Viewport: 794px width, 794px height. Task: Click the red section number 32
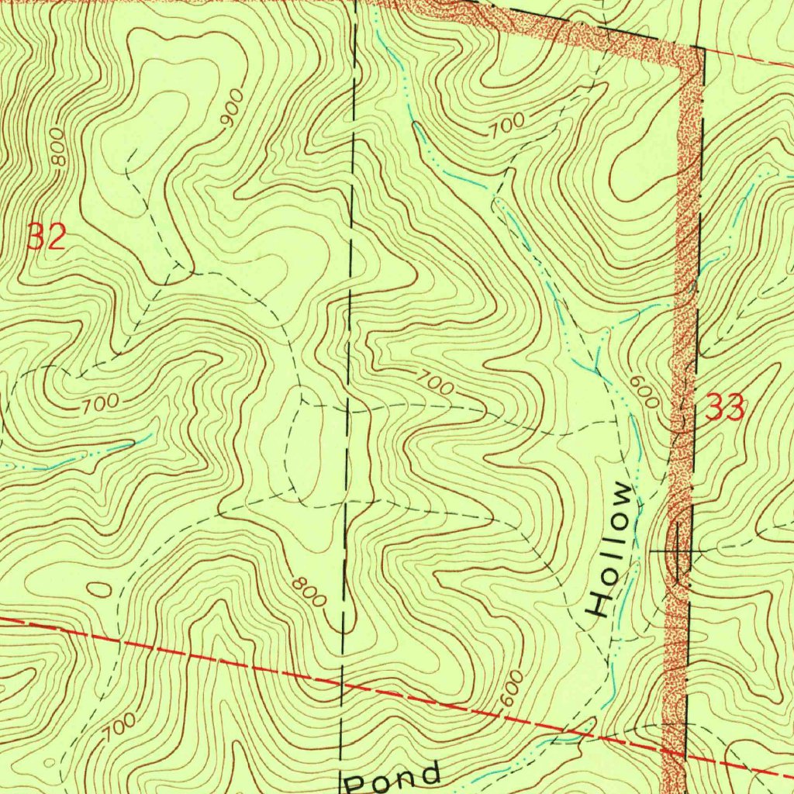47,236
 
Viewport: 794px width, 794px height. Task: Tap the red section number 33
725,407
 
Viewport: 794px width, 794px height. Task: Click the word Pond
393,776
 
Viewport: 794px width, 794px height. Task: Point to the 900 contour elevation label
232,108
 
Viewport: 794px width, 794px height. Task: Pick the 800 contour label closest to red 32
58,147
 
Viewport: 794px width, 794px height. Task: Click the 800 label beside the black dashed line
309,591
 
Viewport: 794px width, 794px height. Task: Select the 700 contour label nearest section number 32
100,402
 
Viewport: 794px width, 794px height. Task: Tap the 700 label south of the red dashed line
119,727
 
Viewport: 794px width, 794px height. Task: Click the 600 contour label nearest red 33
644,392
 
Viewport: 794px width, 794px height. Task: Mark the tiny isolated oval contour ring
99,589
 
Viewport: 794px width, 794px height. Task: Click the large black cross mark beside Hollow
678,550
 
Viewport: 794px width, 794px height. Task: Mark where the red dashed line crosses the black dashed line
342,685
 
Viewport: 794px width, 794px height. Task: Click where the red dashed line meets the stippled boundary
674,752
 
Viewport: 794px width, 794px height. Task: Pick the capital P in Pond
356,781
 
